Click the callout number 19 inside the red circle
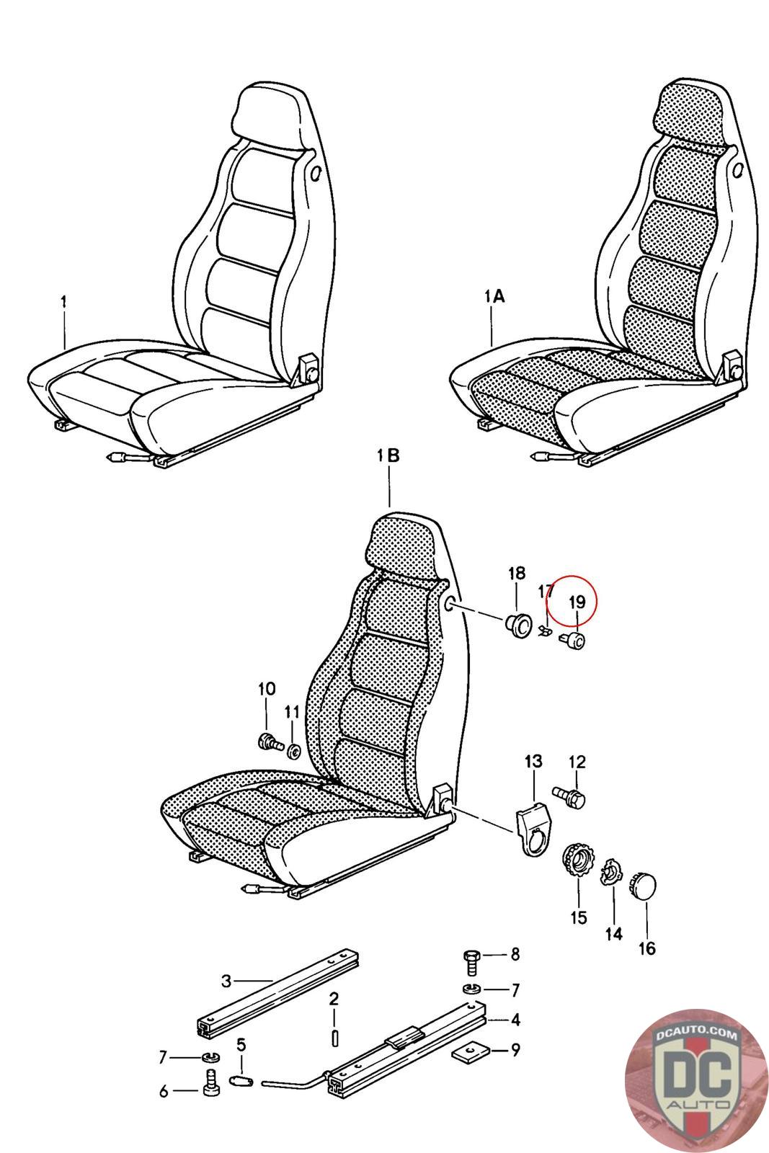pos(577,601)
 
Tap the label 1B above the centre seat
pos(388,455)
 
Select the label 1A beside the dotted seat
pos(494,296)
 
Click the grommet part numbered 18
pos(517,626)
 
